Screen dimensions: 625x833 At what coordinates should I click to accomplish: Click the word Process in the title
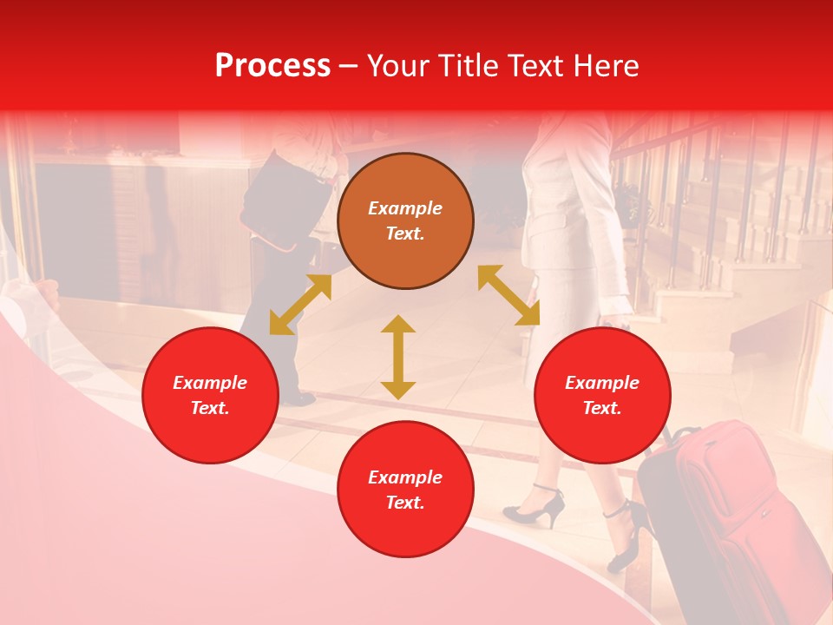[x=272, y=66]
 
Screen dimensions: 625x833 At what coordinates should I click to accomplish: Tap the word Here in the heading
[x=604, y=66]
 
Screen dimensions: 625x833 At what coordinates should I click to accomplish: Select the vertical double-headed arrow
[x=398, y=357]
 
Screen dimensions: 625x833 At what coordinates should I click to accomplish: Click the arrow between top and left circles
[x=300, y=305]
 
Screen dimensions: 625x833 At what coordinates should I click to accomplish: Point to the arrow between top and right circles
[x=509, y=295]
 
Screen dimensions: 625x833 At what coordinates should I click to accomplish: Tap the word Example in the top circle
[x=405, y=208]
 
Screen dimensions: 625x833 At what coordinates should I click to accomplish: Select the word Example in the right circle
[x=602, y=383]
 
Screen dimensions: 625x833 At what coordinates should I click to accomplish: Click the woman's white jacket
[x=564, y=200]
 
